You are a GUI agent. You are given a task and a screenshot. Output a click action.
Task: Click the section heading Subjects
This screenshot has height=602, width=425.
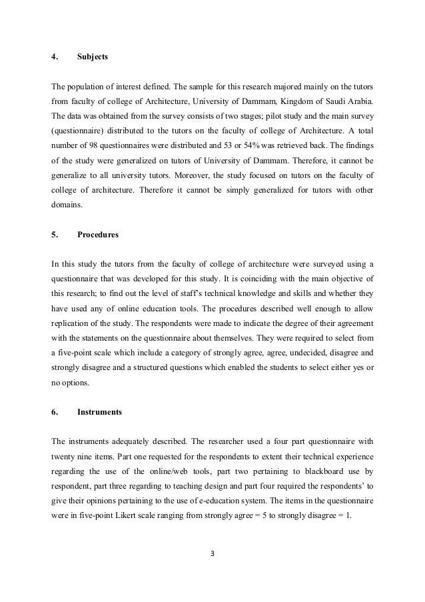point(93,57)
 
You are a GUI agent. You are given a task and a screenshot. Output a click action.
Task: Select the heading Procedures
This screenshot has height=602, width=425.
point(98,235)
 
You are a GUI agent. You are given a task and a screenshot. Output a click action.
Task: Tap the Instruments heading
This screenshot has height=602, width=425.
point(99,412)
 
